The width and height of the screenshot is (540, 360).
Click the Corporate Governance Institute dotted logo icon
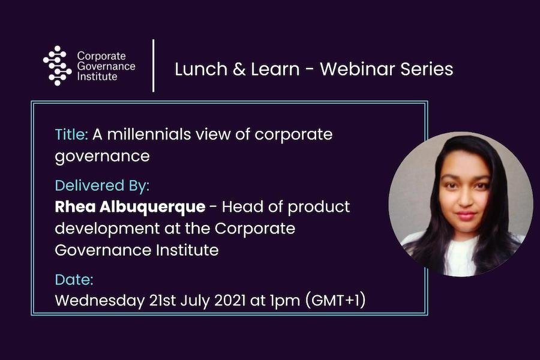pyautogui.click(x=58, y=65)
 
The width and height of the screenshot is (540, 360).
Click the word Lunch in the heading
pyautogui.click(x=201, y=69)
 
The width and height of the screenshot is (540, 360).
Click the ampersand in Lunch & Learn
pyautogui.click(x=239, y=69)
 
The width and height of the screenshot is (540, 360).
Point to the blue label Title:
pyautogui.click(x=71, y=134)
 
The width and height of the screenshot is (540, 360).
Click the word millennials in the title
pyautogui.click(x=149, y=134)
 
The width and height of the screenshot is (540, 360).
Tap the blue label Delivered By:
pyautogui.click(x=102, y=185)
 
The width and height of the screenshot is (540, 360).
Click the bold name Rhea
pyautogui.click(x=76, y=206)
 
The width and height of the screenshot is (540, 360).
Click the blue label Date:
pyautogui.click(x=74, y=280)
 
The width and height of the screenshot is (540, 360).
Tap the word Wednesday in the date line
pyautogui.click(x=100, y=301)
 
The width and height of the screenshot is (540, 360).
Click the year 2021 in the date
pyautogui.click(x=230, y=301)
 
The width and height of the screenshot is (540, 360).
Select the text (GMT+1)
pyautogui.click(x=335, y=301)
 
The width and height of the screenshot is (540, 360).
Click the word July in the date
pyautogui.click(x=195, y=301)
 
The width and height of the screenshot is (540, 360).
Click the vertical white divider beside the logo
pyautogui.click(x=153, y=65)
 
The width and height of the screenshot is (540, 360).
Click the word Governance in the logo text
pyautogui.click(x=106, y=66)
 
